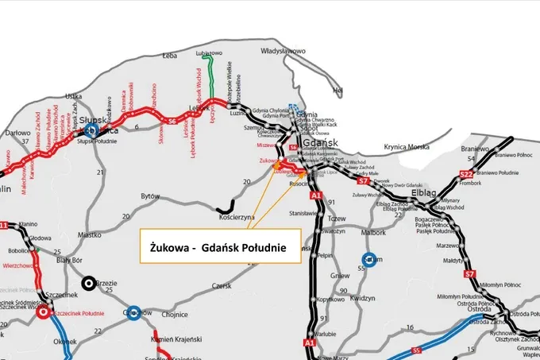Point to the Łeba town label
(168, 56)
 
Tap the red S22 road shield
(466, 174)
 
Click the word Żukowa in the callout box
(171, 249)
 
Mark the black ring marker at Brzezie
(89, 282)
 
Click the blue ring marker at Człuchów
(134, 311)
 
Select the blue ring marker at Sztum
(369, 259)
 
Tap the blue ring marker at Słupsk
(91, 130)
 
